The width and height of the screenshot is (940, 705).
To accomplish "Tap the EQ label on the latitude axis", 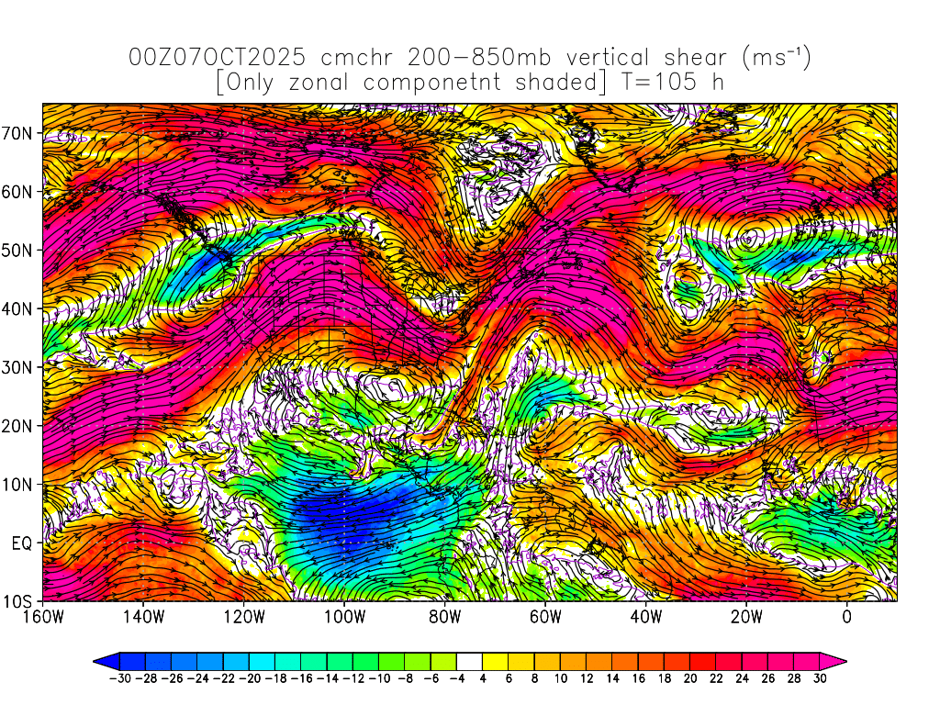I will tap(23, 543).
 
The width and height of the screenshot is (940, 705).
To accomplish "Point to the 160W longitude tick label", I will tap(42, 616).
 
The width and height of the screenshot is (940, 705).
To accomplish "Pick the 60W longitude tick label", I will tap(545, 616).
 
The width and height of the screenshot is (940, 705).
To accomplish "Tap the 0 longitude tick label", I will tap(847, 616).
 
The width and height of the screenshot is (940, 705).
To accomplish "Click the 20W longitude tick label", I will tap(746, 616).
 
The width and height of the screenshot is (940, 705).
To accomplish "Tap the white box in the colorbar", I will tap(469, 661).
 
